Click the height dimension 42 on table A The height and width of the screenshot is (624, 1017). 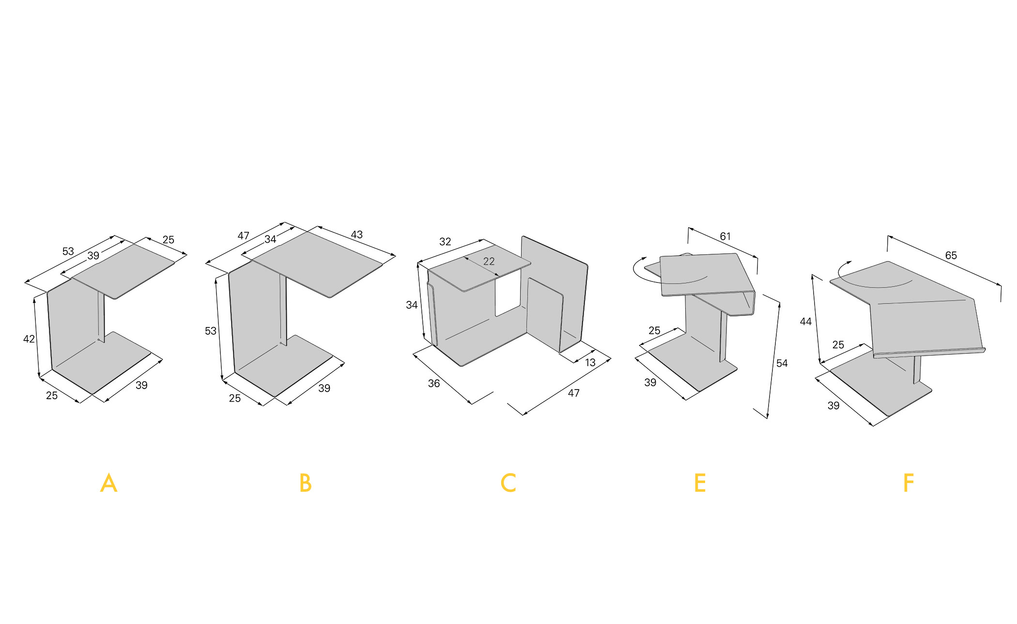click(x=29, y=339)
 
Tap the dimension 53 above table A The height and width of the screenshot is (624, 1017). click(x=68, y=251)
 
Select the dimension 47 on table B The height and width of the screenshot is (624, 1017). click(x=243, y=236)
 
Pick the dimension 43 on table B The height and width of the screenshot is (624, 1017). click(x=356, y=235)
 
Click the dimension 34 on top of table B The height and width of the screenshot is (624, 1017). click(x=270, y=239)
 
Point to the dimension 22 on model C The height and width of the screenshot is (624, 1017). click(x=489, y=262)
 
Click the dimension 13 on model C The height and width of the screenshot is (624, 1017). click(x=590, y=363)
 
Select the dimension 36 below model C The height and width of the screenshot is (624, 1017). click(x=434, y=384)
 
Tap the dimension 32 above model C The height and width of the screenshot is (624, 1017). click(x=445, y=242)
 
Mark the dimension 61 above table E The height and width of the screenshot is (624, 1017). click(x=725, y=236)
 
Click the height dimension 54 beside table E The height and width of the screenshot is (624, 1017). click(x=782, y=363)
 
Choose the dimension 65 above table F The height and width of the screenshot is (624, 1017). click(x=951, y=255)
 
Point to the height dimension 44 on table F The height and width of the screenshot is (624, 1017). click(x=806, y=322)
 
